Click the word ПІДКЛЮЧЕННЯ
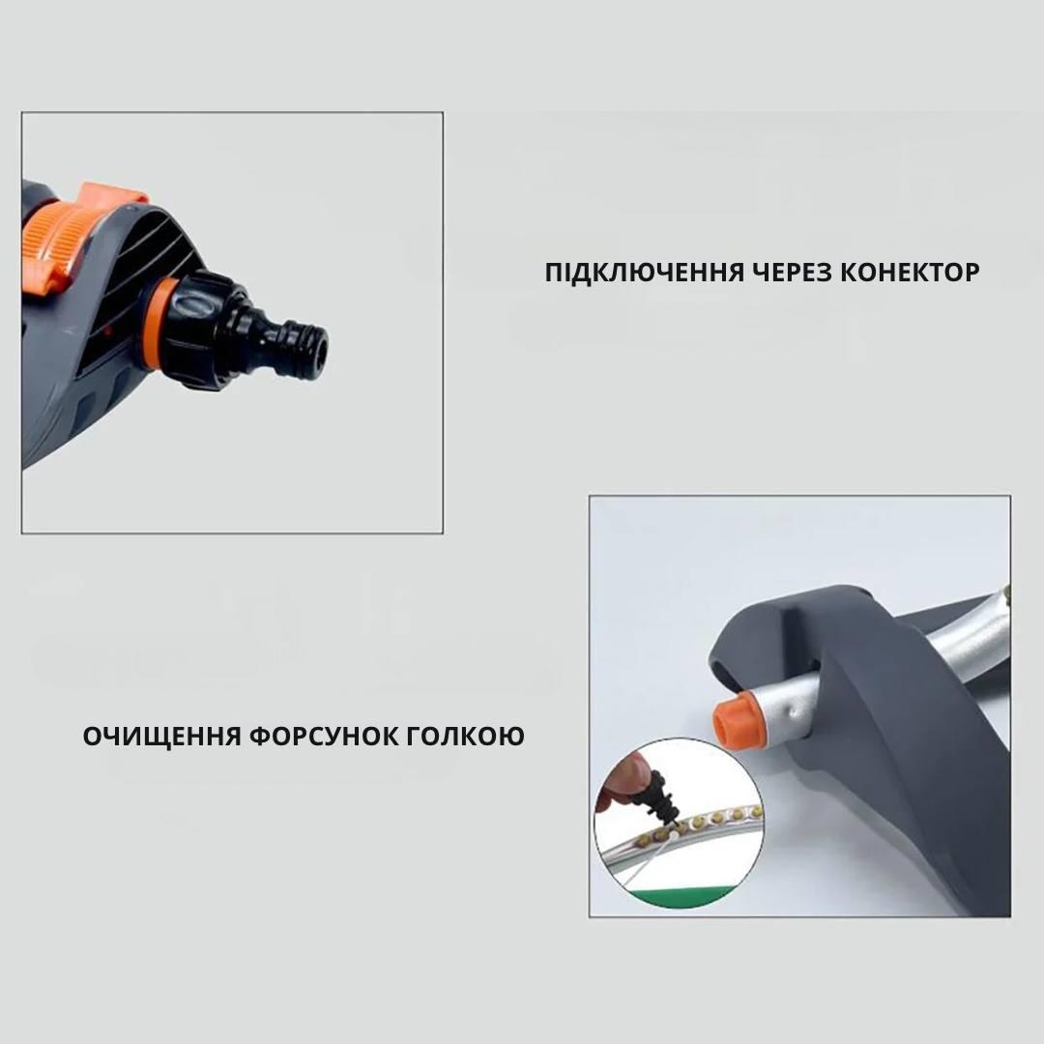[x=644, y=273]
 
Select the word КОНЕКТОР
[x=911, y=273]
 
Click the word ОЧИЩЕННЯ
[x=161, y=737]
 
